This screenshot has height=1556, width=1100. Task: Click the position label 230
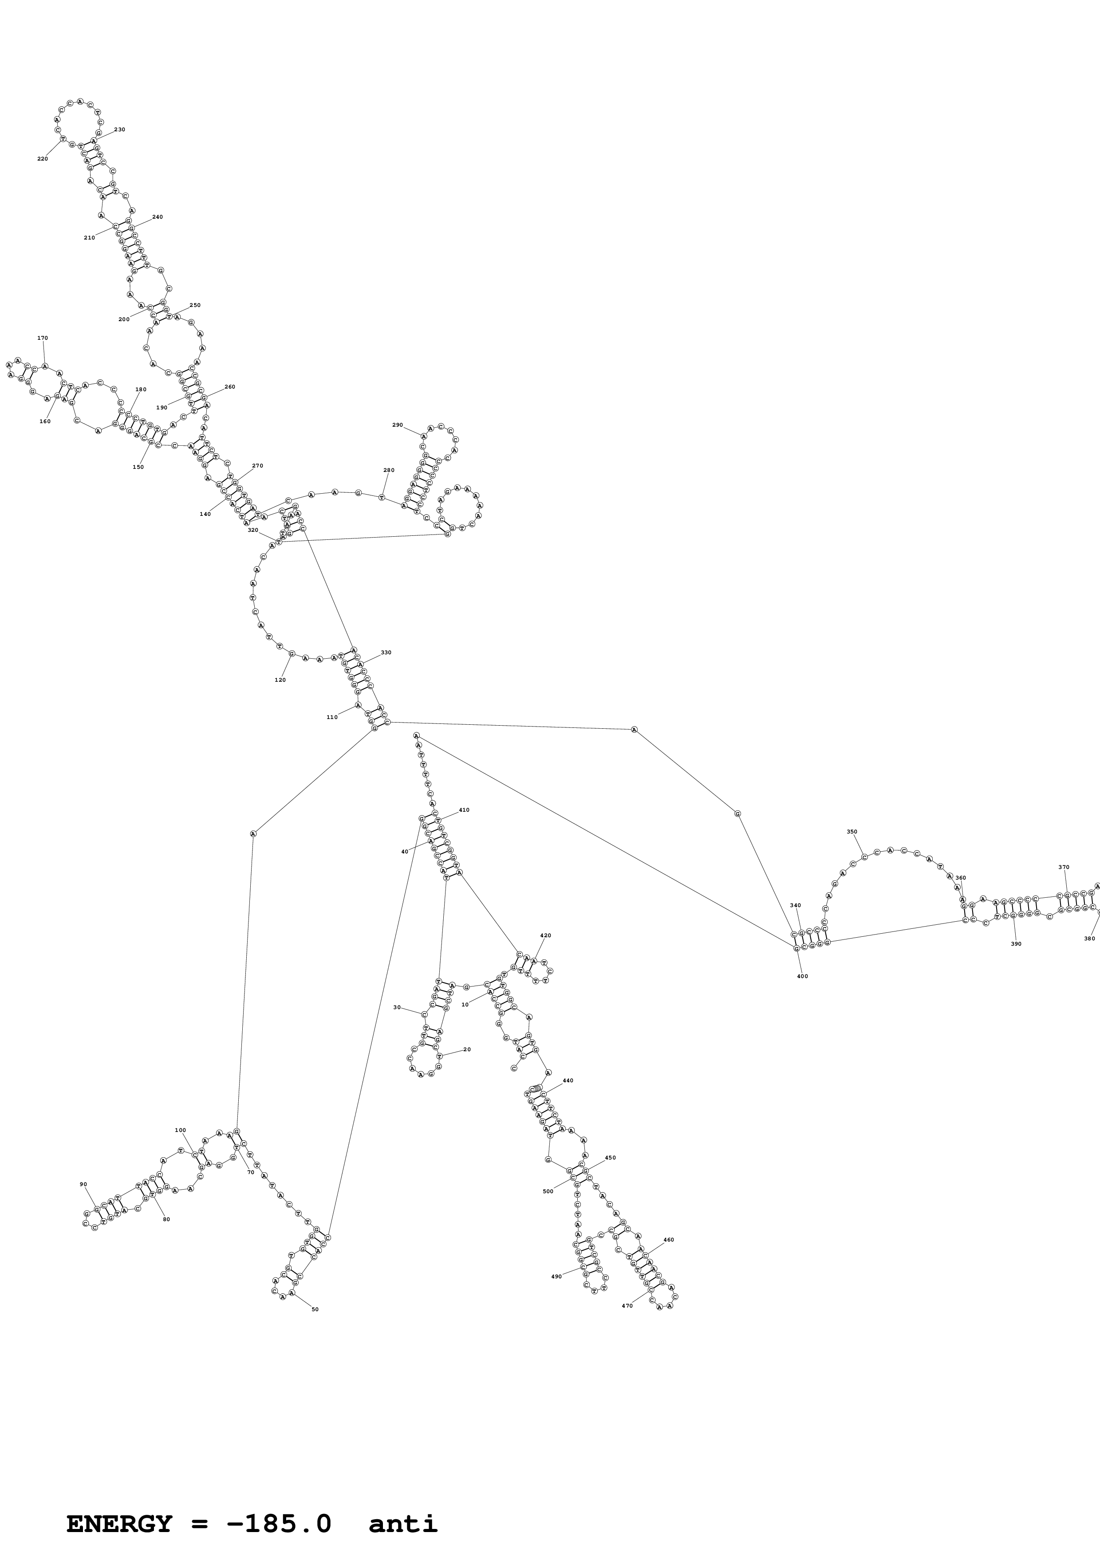[x=119, y=130]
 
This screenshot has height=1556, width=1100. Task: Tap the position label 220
[x=43, y=159]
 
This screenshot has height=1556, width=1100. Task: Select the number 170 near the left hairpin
[x=43, y=338]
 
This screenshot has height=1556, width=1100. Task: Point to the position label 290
[x=397, y=425]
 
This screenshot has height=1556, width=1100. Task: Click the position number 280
[x=388, y=470]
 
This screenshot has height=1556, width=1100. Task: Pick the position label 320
[x=253, y=530]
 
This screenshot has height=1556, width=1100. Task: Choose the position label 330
[x=386, y=652]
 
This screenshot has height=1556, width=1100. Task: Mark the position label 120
[x=280, y=680]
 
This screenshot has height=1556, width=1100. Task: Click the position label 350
[x=852, y=832]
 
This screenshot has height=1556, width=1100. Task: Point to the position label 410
[x=464, y=810]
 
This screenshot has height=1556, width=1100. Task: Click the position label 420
[x=546, y=935]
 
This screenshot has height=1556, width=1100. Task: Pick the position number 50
[x=315, y=1309]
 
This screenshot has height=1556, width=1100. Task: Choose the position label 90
[x=83, y=1185]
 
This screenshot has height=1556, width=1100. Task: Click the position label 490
[x=556, y=1276]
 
